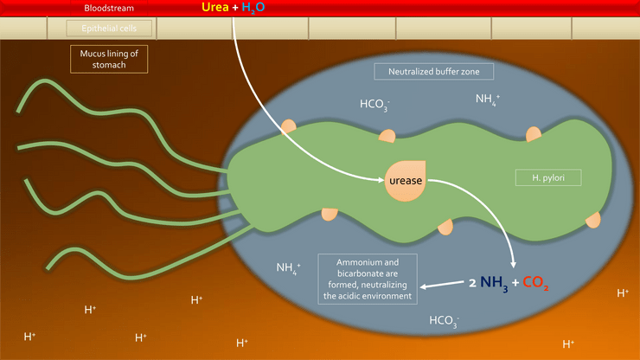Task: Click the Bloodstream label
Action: [109, 8]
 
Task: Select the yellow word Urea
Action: [215, 7]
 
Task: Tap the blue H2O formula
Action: [253, 8]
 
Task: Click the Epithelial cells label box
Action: [109, 29]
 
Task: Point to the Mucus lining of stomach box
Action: [109, 59]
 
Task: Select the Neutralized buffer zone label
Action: [434, 72]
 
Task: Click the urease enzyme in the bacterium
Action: [406, 181]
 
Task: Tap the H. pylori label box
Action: [548, 177]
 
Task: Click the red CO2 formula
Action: [535, 282]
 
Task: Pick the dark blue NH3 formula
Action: [494, 283]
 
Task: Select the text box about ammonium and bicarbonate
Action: [368, 280]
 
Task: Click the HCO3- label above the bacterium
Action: [374, 105]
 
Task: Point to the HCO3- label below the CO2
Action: [444, 321]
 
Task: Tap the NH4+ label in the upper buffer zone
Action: [488, 100]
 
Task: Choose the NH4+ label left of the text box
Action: [288, 268]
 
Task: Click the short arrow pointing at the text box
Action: [442, 285]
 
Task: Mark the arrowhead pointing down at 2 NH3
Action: [514, 265]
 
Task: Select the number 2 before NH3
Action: [473, 283]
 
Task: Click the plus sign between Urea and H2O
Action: [235, 7]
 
